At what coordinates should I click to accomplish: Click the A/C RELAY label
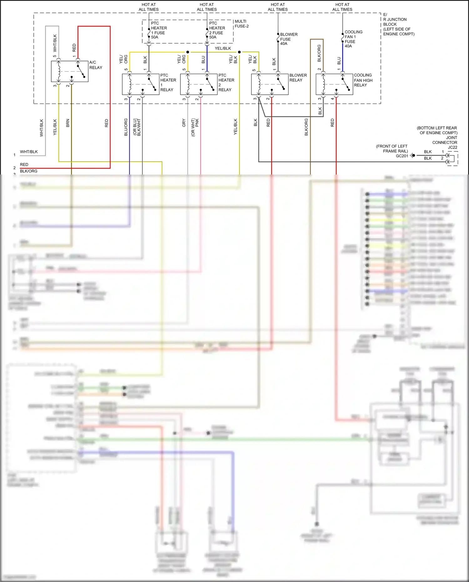pos(95,65)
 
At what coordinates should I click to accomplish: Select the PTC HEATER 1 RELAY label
pos(168,83)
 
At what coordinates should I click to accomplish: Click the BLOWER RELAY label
pos(298,78)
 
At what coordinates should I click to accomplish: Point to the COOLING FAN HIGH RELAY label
pos(363,80)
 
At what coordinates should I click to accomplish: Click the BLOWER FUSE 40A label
pos(288,39)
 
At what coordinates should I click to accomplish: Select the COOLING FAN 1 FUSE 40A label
pos(353,39)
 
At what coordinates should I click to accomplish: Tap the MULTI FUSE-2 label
pos(241,24)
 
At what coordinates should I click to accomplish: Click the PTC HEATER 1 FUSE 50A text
pos(159,30)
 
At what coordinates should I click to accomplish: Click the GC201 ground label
pos(402,156)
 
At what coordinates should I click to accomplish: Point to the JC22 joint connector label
pos(452,147)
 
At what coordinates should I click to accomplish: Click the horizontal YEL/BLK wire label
pos(223,48)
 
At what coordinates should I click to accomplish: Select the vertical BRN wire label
pos(68,123)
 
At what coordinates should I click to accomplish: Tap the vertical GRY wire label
pos(184,123)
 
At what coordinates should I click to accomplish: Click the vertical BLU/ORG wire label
pos(126,127)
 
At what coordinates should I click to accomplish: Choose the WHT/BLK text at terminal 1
pos(29,152)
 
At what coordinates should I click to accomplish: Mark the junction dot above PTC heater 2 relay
pos(188,52)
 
